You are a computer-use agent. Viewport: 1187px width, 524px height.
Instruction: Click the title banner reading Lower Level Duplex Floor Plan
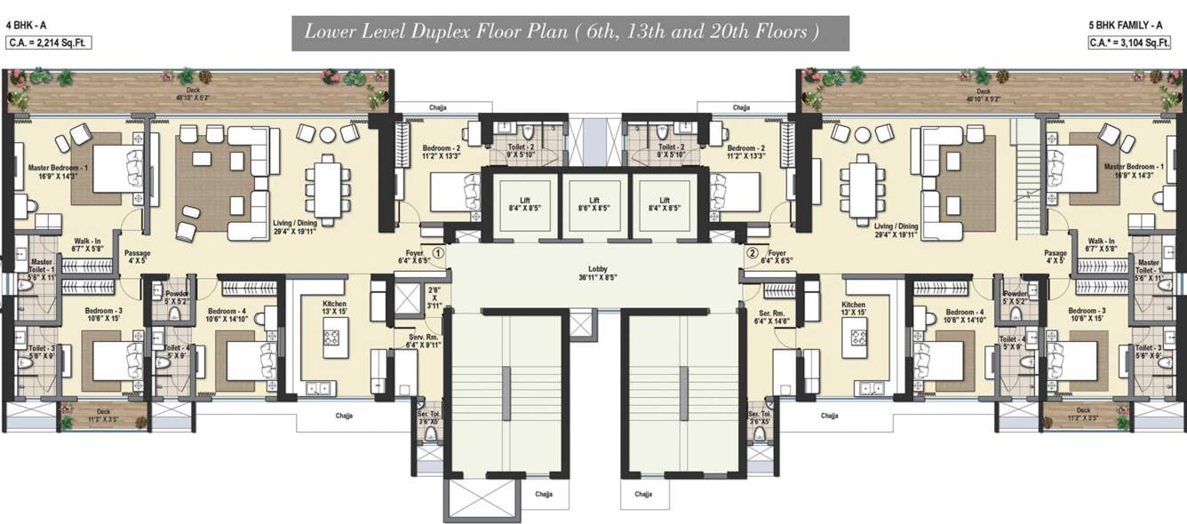click(570, 33)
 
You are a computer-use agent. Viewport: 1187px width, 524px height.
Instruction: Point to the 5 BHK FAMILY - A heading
click(1135, 27)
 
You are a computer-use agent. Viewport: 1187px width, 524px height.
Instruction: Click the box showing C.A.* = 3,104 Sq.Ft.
click(1134, 42)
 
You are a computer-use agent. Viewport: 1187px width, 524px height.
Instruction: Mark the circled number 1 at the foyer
click(437, 253)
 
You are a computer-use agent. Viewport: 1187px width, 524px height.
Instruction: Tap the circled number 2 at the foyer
click(752, 253)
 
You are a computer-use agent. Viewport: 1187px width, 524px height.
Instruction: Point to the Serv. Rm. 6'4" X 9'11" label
click(413, 342)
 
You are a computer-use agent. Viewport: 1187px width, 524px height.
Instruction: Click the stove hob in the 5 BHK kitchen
click(859, 337)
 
